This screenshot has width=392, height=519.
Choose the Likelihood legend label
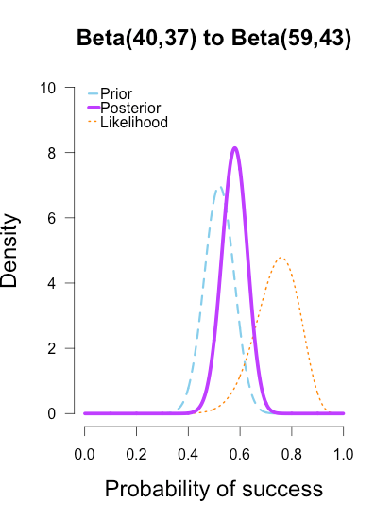pyautogui.click(x=134, y=123)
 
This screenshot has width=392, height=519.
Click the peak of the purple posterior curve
pyautogui.click(x=235, y=148)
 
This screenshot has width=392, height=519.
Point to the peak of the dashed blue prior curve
pyautogui.click(x=219, y=187)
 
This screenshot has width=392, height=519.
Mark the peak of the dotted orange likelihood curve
pyautogui.click(x=281, y=257)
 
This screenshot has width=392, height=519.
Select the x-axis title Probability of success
pyautogui.click(x=213, y=490)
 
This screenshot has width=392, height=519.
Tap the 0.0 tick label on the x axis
pyautogui.click(x=85, y=454)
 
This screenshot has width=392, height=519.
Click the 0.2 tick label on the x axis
pyautogui.click(x=137, y=454)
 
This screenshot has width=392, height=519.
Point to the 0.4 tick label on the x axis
pyautogui.click(x=188, y=454)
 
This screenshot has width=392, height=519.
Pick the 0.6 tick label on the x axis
pyautogui.click(x=240, y=454)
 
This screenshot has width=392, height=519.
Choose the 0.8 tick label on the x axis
pyautogui.click(x=292, y=454)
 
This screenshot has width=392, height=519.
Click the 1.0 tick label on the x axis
pyautogui.click(x=343, y=454)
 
